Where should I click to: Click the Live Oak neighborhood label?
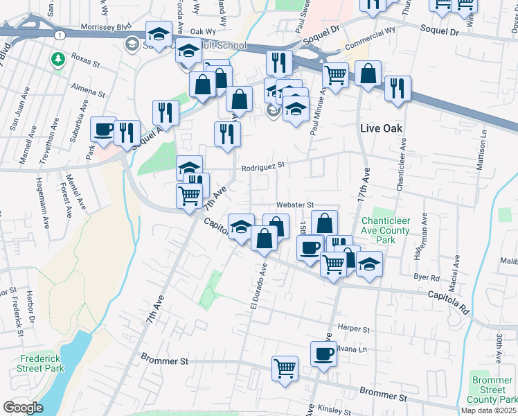tap(381, 128)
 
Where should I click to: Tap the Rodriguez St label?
tap(263, 166)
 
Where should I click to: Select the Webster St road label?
tap(296, 205)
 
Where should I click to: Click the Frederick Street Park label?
tap(42, 364)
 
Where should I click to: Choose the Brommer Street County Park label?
tap(492, 389)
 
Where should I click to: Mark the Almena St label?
tap(88, 92)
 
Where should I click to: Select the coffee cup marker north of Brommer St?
tap(323, 354)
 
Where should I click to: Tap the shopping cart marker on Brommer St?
tap(285, 369)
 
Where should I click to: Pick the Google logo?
tap(23, 408)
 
